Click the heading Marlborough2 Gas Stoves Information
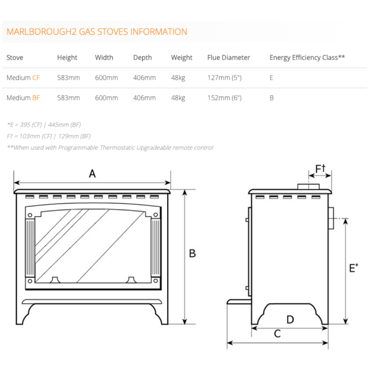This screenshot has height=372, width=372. (x=97, y=32)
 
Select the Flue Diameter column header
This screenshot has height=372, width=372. (x=228, y=58)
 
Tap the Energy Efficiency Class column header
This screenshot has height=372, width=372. (x=307, y=58)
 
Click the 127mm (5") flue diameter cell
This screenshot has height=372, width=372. (x=225, y=78)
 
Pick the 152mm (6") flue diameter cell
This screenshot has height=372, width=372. (x=225, y=98)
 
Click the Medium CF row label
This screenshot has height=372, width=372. (x=23, y=78)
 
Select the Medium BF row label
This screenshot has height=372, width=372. (x=23, y=98)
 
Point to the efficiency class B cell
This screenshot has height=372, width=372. (x=272, y=98)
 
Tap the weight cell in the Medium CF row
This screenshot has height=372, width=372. (x=178, y=78)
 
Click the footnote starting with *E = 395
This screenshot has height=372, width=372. (x=44, y=125)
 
